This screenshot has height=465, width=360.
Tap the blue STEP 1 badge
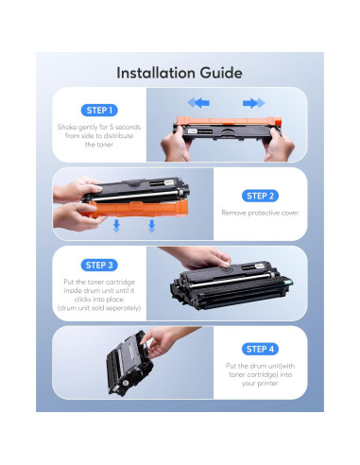point(99,111)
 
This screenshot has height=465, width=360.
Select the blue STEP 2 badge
point(260,196)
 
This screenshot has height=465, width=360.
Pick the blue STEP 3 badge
point(99,266)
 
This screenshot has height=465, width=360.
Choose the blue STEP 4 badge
point(260,349)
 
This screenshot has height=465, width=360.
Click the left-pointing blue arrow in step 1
point(198,103)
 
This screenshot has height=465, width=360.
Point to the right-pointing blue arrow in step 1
point(254,103)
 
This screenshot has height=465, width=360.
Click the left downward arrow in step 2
point(116,226)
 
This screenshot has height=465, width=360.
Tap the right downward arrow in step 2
point(152,226)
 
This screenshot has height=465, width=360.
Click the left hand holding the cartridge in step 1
point(175,145)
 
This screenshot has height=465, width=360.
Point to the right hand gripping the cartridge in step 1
point(279,146)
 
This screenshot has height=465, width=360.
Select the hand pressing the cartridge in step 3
point(201,257)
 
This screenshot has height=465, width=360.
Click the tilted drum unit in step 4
point(129,364)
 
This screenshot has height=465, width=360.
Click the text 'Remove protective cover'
point(260,213)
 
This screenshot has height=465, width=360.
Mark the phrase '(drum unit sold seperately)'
point(99,308)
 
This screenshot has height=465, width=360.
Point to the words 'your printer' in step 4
point(260,384)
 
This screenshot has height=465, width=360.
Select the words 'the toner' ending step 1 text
point(99,145)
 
